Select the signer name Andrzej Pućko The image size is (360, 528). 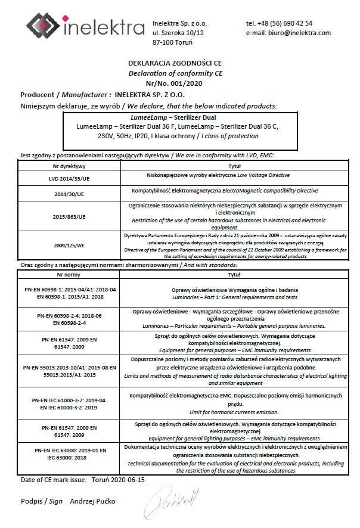click(92, 501)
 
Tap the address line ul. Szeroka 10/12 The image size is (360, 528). click(178, 33)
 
